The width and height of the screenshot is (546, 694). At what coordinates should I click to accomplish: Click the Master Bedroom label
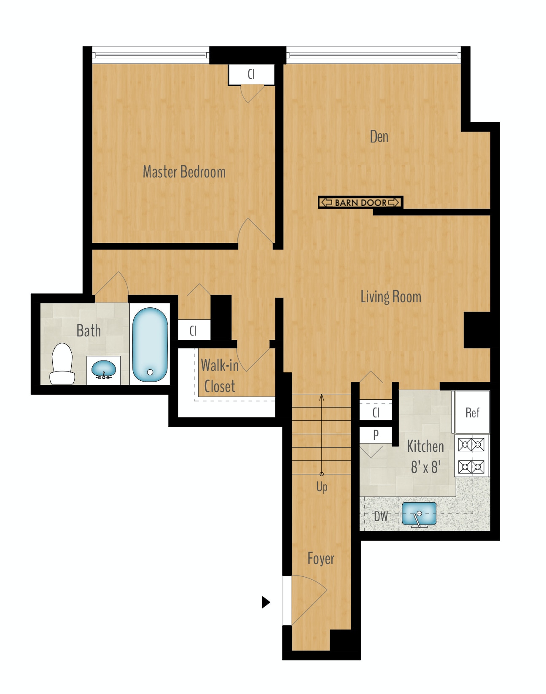click(184, 172)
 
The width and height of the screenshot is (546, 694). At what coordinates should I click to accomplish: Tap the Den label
click(379, 137)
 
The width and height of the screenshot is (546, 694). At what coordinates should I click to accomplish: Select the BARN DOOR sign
click(360, 203)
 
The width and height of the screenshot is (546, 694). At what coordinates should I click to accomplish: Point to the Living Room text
click(391, 297)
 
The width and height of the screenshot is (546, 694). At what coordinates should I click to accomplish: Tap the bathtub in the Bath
click(150, 344)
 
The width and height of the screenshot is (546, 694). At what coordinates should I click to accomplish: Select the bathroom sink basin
click(104, 369)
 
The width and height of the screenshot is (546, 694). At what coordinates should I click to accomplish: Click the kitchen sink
click(419, 514)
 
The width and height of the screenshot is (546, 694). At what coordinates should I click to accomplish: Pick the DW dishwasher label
click(381, 516)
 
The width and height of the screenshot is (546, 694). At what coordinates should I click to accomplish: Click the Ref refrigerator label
click(472, 413)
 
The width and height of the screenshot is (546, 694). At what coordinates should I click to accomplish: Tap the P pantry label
click(376, 435)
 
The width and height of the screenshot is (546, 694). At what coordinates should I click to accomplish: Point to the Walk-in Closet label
click(220, 376)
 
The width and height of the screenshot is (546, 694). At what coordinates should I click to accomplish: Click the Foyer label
click(321, 559)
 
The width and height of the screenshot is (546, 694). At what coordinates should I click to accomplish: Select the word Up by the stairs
click(322, 487)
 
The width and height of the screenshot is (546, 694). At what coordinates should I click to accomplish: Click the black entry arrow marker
click(266, 602)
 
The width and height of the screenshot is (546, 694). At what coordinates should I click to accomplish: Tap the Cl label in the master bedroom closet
click(251, 74)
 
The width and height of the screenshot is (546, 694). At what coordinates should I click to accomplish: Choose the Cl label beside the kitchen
click(376, 412)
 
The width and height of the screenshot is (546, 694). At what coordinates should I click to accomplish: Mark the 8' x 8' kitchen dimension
click(426, 467)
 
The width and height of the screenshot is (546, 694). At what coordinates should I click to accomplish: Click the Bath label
click(89, 331)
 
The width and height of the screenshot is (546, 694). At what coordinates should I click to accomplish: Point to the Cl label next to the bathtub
click(193, 331)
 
